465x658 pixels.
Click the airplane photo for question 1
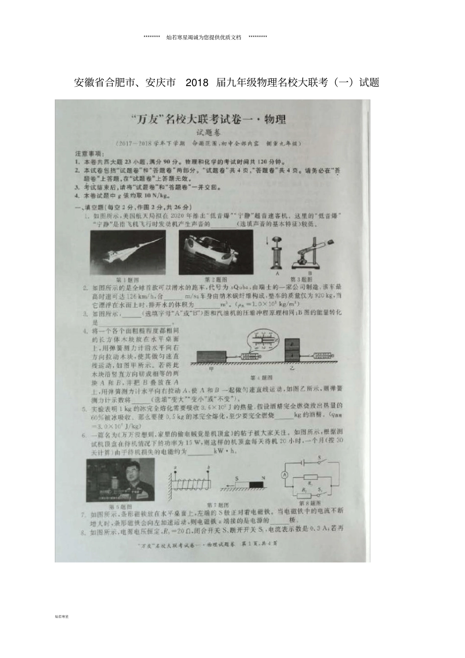coord(127,252)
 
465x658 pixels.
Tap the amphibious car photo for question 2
coord(215,252)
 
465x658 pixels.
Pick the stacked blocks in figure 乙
coord(293,350)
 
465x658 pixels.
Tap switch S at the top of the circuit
coord(321,462)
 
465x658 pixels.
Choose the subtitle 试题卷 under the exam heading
coord(209,132)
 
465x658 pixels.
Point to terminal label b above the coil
coord(209,468)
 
